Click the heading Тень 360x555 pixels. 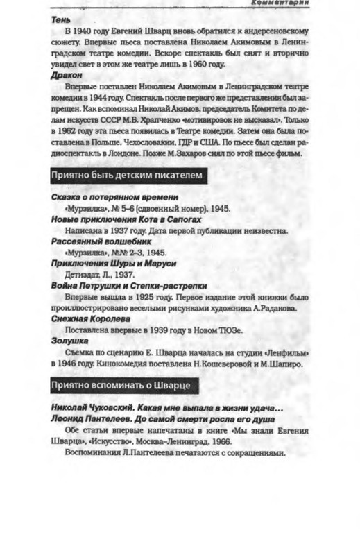tap(61, 20)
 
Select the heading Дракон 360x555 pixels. tap(67, 74)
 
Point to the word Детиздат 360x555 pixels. tap(82, 274)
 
